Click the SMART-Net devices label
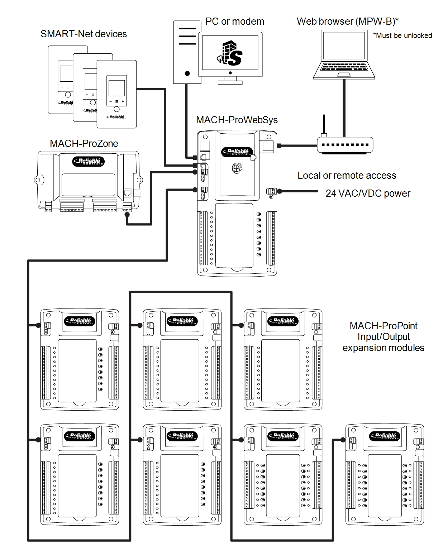(84, 34)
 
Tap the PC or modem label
(234, 21)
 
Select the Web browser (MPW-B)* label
(348, 21)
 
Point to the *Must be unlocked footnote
(402, 35)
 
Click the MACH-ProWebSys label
(237, 120)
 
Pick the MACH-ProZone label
(84, 144)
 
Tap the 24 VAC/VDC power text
(368, 193)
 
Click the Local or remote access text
(347, 176)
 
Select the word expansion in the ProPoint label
(365, 348)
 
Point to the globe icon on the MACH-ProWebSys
(237, 168)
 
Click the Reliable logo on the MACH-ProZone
(88, 161)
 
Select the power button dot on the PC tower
(187, 73)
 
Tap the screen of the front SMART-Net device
(116, 88)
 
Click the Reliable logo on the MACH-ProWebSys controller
(237, 152)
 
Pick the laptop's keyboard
(344, 67)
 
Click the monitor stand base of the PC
(230, 83)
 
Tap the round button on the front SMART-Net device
(116, 109)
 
